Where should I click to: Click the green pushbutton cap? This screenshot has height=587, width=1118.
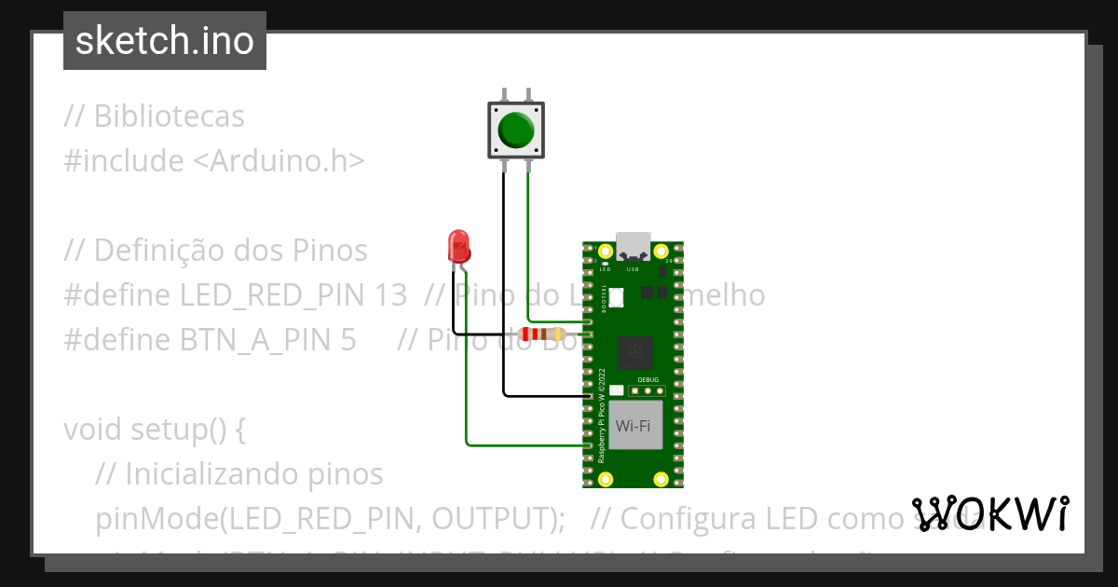pyautogui.click(x=515, y=130)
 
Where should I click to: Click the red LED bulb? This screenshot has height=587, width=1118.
pyautogui.click(x=459, y=246)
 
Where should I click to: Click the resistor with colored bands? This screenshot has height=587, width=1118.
pyautogui.click(x=541, y=334)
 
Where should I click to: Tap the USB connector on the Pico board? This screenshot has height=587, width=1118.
pyautogui.click(x=634, y=244)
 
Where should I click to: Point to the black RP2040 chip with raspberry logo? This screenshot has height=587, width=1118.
pyautogui.click(x=636, y=351)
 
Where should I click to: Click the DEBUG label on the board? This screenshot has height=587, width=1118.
pyautogui.click(x=648, y=380)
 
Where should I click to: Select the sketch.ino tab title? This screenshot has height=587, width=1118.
pyautogui.click(x=165, y=41)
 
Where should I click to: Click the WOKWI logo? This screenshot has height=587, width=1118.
pyautogui.click(x=989, y=512)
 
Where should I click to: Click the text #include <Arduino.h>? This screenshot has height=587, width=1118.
pyautogui.click(x=214, y=160)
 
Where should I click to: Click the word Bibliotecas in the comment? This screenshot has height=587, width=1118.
pyautogui.click(x=170, y=116)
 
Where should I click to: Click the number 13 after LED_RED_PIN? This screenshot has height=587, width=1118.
pyautogui.click(x=389, y=295)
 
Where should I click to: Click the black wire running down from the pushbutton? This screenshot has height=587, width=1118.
pyautogui.click(x=504, y=280)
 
